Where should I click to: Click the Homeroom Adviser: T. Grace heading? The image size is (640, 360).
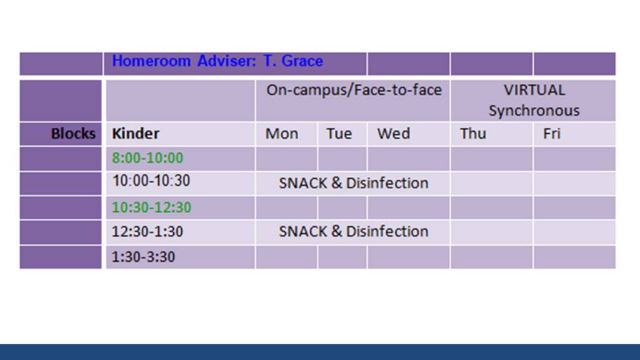217,61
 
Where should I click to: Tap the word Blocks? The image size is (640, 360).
73,134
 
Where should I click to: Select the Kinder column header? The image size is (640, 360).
136,134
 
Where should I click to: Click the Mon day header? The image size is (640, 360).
282,134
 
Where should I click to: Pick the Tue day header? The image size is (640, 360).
339,134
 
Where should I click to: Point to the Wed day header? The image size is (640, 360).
394,134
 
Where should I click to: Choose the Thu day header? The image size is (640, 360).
473,134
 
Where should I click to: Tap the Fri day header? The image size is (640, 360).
551,134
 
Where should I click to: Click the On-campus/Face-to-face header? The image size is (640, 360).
354,90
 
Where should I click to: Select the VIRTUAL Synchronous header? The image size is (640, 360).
534,101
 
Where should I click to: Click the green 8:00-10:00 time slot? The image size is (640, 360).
147,158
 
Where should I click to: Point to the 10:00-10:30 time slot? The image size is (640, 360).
151,181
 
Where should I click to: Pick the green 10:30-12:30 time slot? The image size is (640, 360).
151,207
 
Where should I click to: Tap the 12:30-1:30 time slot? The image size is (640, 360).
147,232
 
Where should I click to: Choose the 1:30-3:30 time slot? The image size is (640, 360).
143,257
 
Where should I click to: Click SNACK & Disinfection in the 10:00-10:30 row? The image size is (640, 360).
354,183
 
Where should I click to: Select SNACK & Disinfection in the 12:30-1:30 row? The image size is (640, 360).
354,231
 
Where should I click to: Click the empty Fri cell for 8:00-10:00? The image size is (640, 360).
574,159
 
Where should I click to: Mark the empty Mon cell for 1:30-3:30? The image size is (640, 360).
286,257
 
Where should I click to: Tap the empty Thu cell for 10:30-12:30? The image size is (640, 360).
491,207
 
